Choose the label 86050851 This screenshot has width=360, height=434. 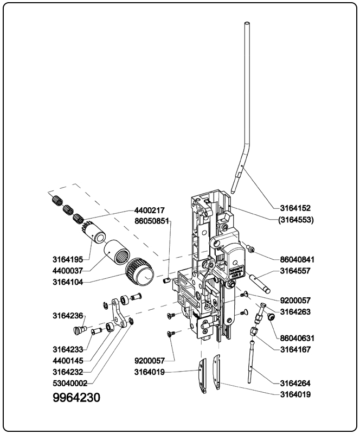tap(152, 221)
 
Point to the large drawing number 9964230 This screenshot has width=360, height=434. tap(76, 398)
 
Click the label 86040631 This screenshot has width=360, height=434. tap(298, 338)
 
